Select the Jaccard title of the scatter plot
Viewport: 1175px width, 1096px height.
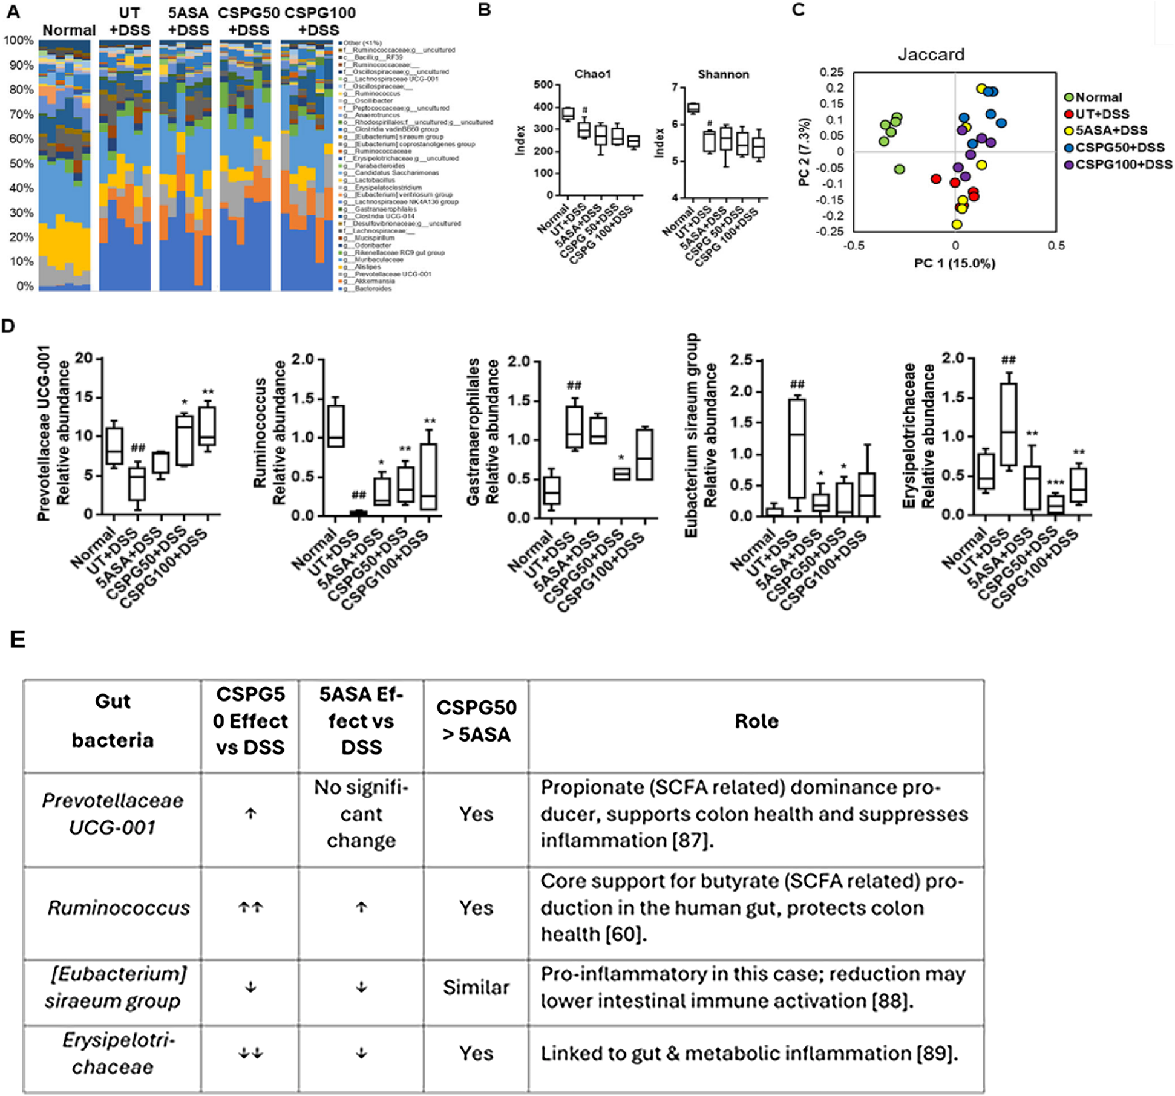[x=931, y=54]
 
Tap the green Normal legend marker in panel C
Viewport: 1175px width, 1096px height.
[x=1069, y=97]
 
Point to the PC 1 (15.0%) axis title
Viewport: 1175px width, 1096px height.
[x=954, y=263]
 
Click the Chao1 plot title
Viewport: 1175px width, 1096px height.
[x=592, y=74]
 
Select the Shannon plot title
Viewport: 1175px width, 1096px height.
[x=723, y=74]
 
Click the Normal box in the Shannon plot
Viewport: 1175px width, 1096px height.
[x=693, y=108]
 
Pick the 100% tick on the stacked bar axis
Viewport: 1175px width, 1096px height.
[x=19, y=41]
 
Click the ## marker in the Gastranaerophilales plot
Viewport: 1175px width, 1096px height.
[x=574, y=386]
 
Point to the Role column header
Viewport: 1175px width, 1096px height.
[x=756, y=721]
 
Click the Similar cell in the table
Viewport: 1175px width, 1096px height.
[x=476, y=988]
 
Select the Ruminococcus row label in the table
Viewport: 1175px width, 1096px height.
[x=119, y=908]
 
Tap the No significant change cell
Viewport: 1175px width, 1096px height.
[x=361, y=814]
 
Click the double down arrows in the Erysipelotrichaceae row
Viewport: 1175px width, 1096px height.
[x=250, y=1053]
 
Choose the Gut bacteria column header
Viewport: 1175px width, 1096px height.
[x=113, y=721]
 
